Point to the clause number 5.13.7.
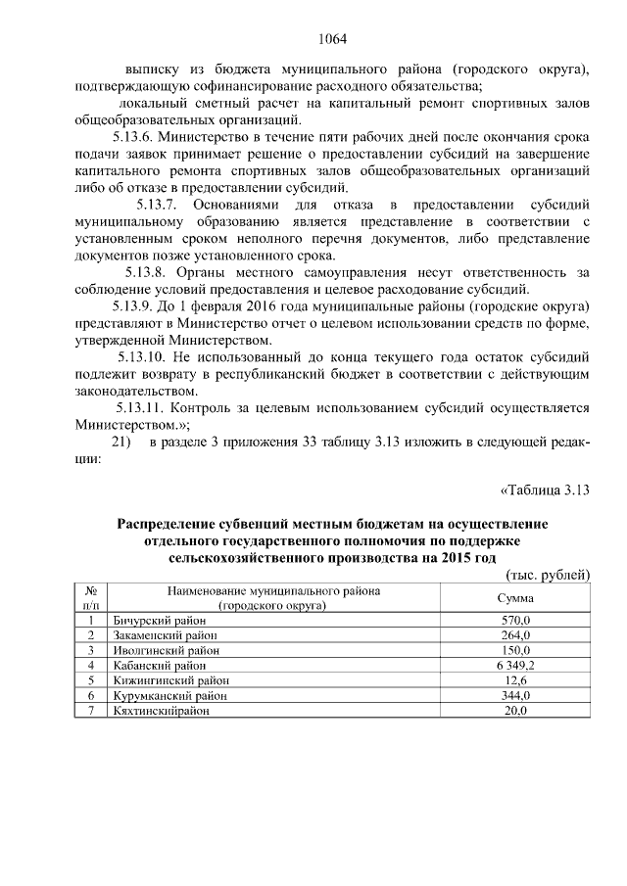(155, 205)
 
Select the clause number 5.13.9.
(136, 306)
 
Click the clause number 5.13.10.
(147, 357)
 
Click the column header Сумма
(514, 598)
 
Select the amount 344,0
(514, 695)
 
